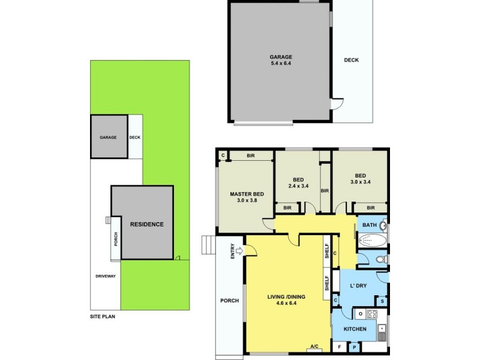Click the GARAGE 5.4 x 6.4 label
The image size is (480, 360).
point(280,59)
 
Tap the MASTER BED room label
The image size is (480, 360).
point(247,197)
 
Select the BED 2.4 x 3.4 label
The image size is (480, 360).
point(298,182)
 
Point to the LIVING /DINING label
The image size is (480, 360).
point(286,299)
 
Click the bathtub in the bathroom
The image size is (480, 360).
point(371,241)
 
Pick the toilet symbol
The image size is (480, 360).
point(379,260)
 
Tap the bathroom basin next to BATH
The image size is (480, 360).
point(383,226)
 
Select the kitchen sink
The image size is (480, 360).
point(382,329)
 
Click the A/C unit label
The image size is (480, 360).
point(314,347)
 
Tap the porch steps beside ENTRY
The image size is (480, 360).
point(207,245)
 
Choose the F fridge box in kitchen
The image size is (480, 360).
point(339,347)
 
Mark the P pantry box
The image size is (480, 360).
point(355,347)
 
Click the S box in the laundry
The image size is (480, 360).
point(382,301)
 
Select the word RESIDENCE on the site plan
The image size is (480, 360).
point(146,224)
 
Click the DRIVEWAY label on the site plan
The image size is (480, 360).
point(106,277)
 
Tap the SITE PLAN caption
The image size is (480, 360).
point(98,316)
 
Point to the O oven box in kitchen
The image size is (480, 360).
point(360,314)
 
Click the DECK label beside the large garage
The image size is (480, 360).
point(352,60)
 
